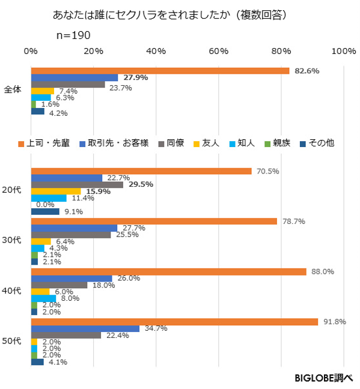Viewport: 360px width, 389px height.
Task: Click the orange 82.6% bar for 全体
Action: click(x=160, y=71)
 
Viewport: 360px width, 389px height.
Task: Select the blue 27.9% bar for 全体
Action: click(x=75, y=77)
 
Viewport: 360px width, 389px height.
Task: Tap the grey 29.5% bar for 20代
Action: click(x=77, y=185)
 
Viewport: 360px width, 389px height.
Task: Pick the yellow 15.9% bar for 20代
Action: click(x=56, y=191)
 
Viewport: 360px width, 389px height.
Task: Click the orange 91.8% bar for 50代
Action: click(x=175, y=322)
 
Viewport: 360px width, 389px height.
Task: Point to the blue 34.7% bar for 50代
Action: click(x=85, y=329)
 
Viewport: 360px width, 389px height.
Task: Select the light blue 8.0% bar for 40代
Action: click(x=43, y=298)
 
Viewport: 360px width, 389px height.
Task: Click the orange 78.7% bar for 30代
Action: click(x=154, y=222)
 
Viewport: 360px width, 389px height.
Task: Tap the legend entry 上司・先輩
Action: click(x=44, y=143)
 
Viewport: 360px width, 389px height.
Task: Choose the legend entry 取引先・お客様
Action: click(x=114, y=143)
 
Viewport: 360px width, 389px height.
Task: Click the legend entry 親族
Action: click(x=278, y=143)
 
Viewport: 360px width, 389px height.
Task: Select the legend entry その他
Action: click(x=317, y=143)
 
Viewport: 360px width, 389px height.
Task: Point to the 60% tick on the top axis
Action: click(x=218, y=51)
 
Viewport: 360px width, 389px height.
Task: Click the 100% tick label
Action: click(x=344, y=51)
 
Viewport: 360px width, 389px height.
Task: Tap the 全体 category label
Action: click(x=13, y=89)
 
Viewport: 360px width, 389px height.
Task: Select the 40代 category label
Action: click(x=11, y=291)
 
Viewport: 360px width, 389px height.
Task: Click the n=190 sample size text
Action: click(x=73, y=35)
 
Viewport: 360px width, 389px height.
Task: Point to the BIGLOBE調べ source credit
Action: click(x=324, y=378)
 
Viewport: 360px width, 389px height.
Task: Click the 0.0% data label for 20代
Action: click(x=45, y=205)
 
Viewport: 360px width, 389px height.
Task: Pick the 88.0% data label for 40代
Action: click(x=323, y=272)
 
